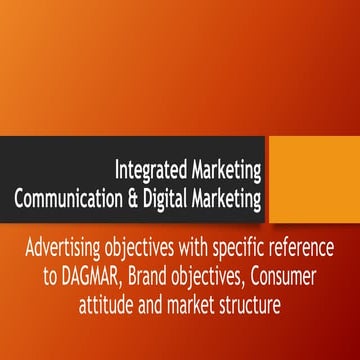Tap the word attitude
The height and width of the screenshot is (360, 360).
tap(110, 300)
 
